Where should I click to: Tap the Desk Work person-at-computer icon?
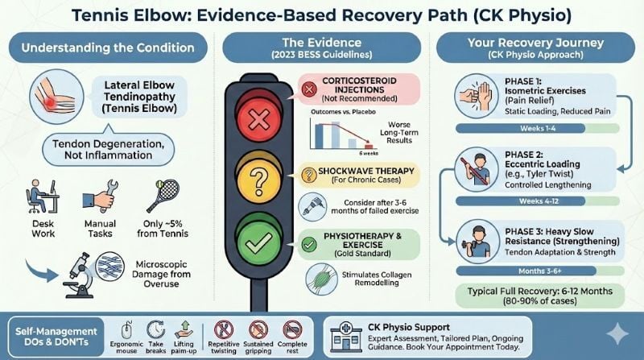(37, 195)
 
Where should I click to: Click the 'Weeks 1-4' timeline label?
(518, 128)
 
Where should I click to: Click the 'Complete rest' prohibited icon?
(291, 328)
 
